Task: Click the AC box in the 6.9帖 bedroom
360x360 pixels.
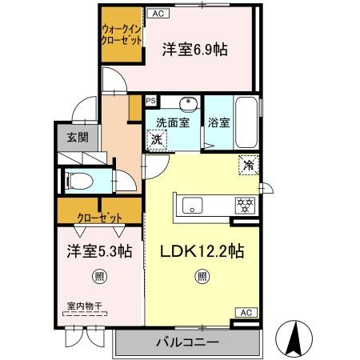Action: [x=158, y=14]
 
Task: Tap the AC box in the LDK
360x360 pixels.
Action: [x=246, y=313]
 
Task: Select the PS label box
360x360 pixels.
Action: [x=151, y=101]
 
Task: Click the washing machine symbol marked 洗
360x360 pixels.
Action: [x=157, y=139]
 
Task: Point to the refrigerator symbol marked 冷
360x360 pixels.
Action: [x=249, y=166]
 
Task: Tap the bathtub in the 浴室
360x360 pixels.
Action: [x=246, y=123]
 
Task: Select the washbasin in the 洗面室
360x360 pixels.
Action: [x=189, y=104]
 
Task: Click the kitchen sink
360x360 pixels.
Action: [x=192, y=206]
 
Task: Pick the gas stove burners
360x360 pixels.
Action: [x=245, y=206]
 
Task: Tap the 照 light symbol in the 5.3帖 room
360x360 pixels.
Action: [x=100, y=277]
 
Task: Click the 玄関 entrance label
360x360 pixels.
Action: [x=78, y=138]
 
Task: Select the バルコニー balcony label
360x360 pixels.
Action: [x=187, y=342]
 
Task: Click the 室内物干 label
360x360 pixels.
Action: [x=84, y=306]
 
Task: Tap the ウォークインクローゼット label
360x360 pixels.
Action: [x=122, y=34]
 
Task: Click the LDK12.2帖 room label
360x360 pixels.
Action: [x=202, y=250]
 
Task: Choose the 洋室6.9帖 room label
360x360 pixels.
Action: [x=195, y=50]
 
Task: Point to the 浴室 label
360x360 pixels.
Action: [x=219, y=122]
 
